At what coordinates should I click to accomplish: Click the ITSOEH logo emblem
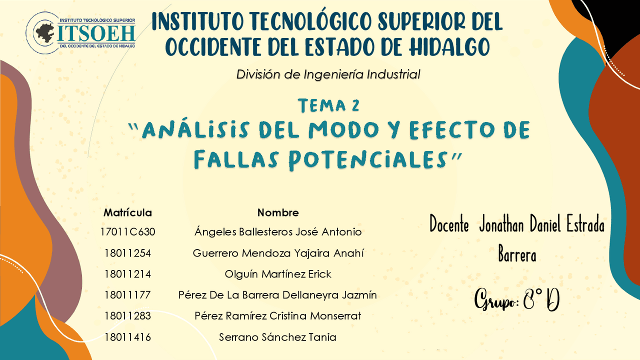coord(80,33)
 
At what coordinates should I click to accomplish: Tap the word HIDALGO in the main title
coord(449,47)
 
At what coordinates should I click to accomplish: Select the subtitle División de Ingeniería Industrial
coord(328,74)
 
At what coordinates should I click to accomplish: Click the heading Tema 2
coord(328,105)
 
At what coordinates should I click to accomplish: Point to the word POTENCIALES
coord(367,160)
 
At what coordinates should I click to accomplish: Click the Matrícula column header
coord(127,212)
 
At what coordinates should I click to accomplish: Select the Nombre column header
coord(278,212)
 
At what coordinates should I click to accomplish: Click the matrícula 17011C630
coord(127,231)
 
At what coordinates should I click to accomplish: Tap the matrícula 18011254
coord(127,253)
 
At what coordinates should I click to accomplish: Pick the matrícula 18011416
coord(127,337)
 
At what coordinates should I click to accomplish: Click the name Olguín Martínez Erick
coord(278,274)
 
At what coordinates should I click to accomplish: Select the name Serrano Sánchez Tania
coord(277,337)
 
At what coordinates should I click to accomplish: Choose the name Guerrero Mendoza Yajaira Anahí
coord(278,253)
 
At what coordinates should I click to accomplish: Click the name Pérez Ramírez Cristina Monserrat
coord(277,316)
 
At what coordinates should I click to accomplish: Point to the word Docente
coord(449,224)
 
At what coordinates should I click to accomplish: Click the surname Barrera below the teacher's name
coord(517,254)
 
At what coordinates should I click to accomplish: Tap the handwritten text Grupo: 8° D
coord(517,300)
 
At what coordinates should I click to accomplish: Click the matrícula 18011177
coord(127,295)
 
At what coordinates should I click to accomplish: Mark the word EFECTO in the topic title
coord(452,129)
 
